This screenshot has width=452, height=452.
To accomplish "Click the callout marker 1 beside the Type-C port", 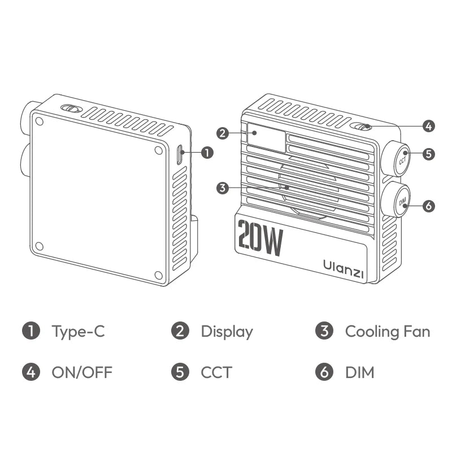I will click(x=207, y=153).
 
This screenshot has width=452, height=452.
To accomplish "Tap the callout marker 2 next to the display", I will click(x=222, y=133).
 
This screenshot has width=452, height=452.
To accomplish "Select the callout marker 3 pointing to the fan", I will click(x=222, y=188).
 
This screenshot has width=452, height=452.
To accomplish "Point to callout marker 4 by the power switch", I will click(x=428, y=126).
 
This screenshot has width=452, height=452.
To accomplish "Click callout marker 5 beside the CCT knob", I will click(x=428, y=154).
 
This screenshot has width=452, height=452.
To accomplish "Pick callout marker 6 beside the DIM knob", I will click(x=428, y=206).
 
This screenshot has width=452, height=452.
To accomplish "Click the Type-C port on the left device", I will click(x=180, y=154).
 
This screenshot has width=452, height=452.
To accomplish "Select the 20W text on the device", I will click(x=260, y=238).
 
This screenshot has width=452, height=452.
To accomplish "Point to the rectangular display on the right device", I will click(x=265, y=137).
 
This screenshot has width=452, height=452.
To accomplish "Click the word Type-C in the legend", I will click(x=78, y=332).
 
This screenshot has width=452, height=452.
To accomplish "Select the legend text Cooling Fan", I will click(x=387, y=331).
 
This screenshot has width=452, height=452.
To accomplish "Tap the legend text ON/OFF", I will click(x=82, y=372).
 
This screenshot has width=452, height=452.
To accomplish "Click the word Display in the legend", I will click(x=227, y=332).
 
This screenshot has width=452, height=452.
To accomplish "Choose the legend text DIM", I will click(x=359, y=372).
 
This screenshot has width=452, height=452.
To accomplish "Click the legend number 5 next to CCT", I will click(x=180, y=372).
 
